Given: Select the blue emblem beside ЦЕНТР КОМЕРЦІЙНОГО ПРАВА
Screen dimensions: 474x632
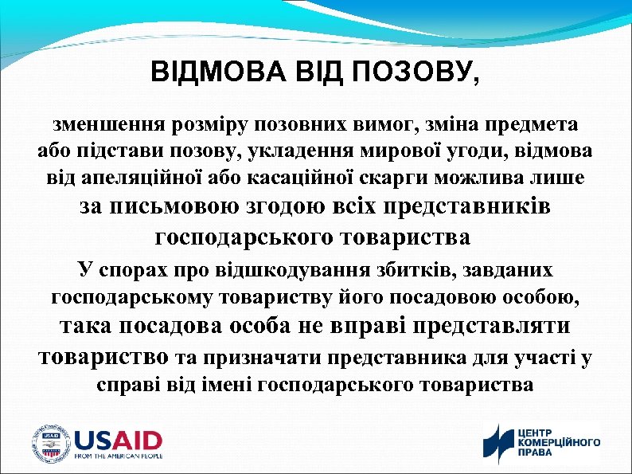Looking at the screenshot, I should click(499, 444).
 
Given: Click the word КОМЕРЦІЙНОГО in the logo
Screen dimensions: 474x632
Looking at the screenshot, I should click(559, 442).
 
